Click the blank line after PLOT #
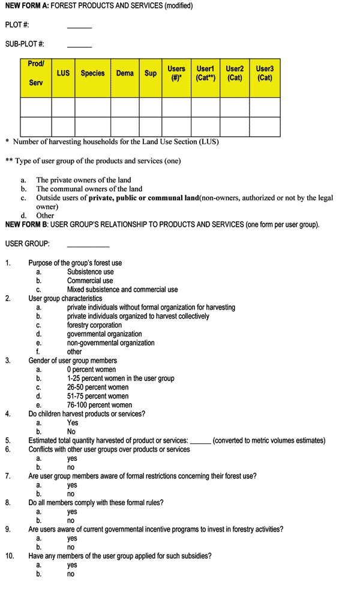pos(79,26)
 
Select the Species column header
pos(92,73)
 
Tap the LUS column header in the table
pos(63,73)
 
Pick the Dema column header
pos(125,73)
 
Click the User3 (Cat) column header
pos(265,73)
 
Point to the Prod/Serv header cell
pos(36,73)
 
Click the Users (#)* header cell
pos(176,73)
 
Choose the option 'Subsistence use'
pos(90,272)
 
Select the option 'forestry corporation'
pos(94,325)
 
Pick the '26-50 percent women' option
pos(98,387)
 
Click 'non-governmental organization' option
pos(110,343)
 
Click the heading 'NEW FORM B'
pos(27,225)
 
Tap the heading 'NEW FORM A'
pos(27,6)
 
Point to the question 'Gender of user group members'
pos(73,361)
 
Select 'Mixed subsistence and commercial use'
pos(122,289)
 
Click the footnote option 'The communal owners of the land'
pos(89,188)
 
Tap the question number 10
pos(9,556)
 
